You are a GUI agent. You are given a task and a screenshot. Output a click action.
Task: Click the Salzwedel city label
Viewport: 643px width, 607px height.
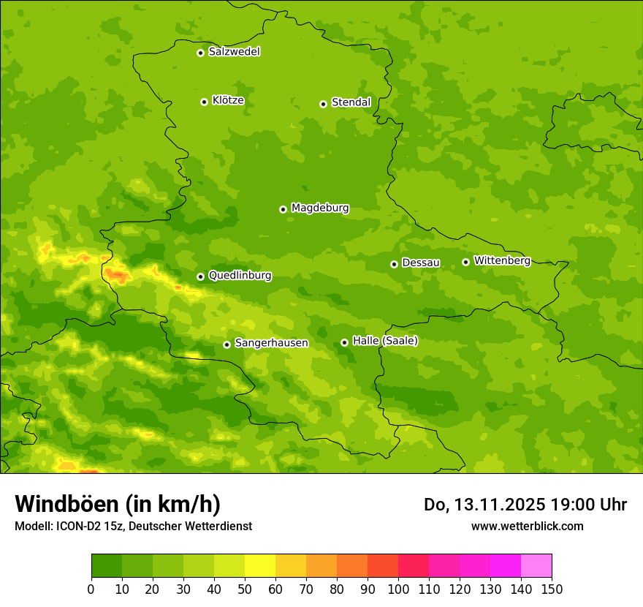click(234, 52)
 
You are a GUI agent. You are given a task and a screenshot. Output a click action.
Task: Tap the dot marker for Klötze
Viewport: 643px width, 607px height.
click(204, 102)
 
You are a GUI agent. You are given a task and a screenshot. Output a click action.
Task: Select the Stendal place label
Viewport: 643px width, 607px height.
click(351, 102)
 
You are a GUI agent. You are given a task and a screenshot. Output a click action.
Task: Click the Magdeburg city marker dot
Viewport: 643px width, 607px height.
click(283, 209)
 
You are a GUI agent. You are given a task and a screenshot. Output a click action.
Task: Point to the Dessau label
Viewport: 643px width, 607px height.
click(421, 263)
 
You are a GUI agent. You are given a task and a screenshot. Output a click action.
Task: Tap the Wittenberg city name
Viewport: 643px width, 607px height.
click(502, 260)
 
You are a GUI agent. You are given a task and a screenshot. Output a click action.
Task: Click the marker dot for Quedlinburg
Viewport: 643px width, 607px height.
click(200, 276)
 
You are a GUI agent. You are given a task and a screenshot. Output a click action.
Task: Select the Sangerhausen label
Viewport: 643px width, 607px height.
click(271, 343)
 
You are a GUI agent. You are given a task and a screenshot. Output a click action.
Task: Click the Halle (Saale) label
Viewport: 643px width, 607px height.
click(385, 341)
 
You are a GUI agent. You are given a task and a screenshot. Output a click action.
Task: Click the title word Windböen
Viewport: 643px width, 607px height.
click(66, 504)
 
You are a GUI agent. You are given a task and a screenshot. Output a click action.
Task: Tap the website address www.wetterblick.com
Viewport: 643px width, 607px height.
click(527, 526)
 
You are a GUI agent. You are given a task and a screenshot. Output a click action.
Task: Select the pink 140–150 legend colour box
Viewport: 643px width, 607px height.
click(536, 566)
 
